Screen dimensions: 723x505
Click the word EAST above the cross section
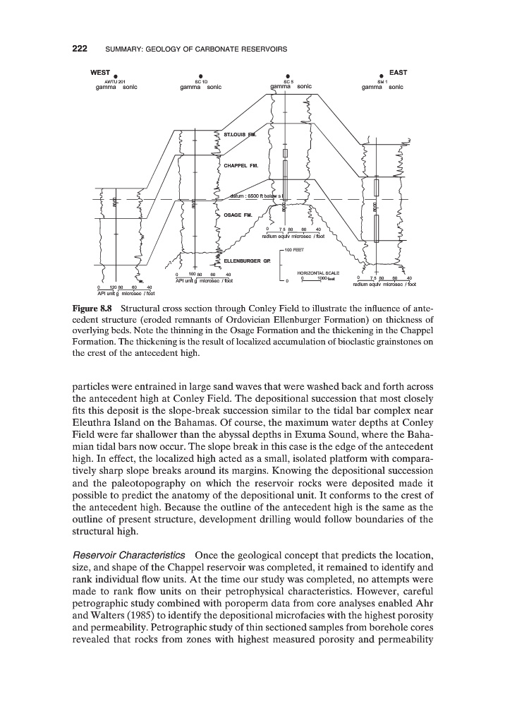[398, 72]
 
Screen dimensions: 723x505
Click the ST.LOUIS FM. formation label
[240, 133]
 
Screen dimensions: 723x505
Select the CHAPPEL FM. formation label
[241, 166]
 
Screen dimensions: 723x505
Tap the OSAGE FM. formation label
[238, 215]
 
